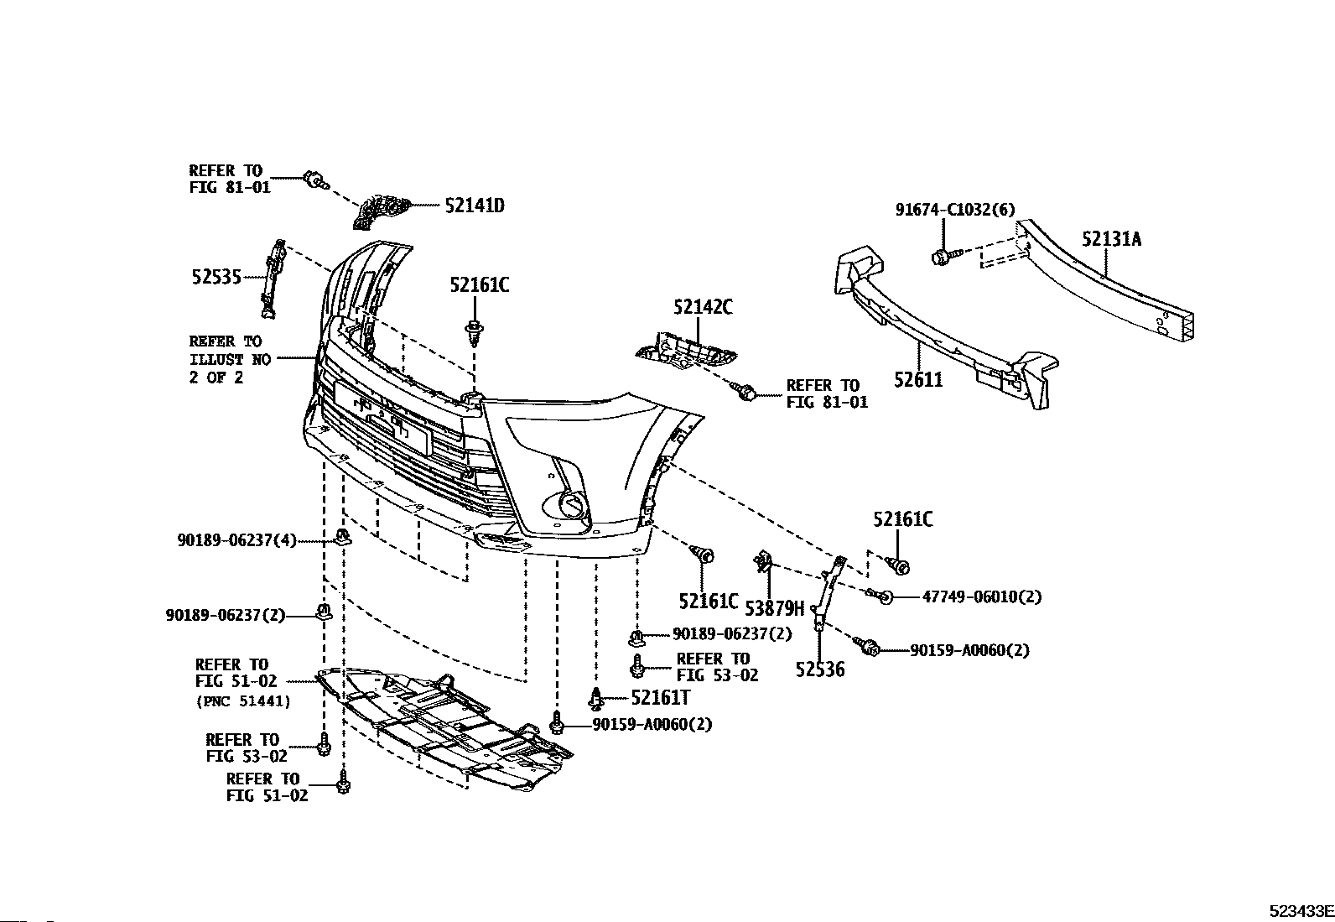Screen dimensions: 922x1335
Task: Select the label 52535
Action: (x=216, y=276)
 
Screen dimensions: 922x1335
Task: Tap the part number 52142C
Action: (x=702, y=307)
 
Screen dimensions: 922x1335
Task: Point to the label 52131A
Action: (x=1111, y=240)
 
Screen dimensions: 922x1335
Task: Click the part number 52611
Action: (x=918, y=379)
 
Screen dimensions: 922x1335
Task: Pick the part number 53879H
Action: (x=774, y=608)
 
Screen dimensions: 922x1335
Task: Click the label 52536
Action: (x=820, y=669)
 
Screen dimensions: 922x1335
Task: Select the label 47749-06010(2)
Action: (x=981, y=596)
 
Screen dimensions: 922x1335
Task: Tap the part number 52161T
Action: (x=660, y=696)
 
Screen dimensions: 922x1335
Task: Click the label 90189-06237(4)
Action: (x=237, y=541)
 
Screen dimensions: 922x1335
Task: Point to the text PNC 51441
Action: (x=243, y=701)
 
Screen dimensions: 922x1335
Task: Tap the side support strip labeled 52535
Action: (x=273, y=279)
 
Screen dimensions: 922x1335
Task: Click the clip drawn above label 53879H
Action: (x=763, y=561)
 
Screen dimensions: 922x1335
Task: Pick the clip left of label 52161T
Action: (x=596, y=697)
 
